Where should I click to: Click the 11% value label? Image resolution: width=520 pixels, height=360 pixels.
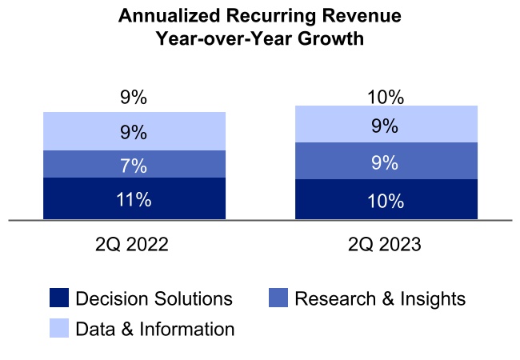click(134, 199)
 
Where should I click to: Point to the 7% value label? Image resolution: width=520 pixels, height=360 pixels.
click(134, 166)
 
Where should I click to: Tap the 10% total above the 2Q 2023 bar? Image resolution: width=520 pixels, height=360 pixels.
click(386, 98)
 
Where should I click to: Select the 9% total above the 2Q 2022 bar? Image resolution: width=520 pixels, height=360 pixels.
click(134, 98)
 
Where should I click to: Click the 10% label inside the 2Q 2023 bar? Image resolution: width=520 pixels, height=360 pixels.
click(386, 201)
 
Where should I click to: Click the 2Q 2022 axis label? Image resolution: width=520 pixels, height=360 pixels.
click(134, 244)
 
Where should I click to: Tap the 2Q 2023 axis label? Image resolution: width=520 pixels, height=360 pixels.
click(386, 244)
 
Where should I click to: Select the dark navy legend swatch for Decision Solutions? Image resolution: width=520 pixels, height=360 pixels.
click(59, 299)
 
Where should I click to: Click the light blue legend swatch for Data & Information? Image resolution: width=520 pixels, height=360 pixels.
click(59, 328)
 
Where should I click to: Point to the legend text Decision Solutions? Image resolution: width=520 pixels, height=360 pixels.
click(154, 299)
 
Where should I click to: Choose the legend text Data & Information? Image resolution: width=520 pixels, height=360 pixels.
click(154, 329)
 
